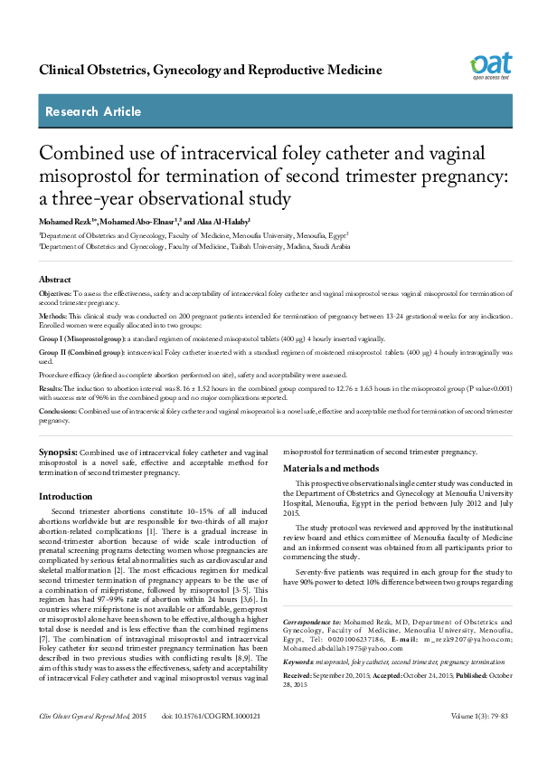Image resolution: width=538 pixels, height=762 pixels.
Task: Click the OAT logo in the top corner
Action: tap(490, 65)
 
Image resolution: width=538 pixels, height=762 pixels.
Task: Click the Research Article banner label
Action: tap(93, 112)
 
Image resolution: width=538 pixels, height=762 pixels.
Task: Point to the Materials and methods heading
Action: tap(331, 469)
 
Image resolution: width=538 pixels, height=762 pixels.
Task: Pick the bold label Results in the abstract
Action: tap(51, 387)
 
